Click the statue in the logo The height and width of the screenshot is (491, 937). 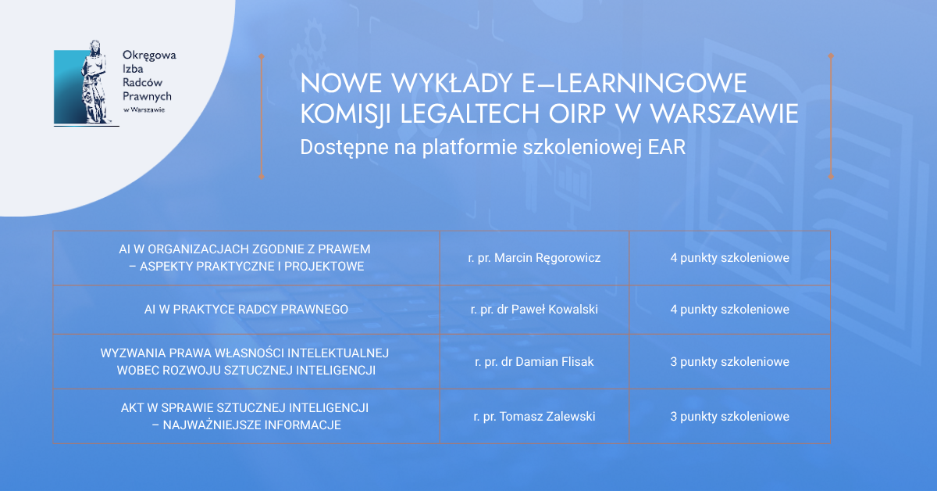(x=95, y=82)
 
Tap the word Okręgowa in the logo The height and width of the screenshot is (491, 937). (x=149, y=56)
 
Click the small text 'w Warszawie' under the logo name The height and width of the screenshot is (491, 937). (x=144, y=109)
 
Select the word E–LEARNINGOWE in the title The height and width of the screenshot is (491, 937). (x=634, y=83)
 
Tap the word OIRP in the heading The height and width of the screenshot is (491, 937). (x=577, y=113)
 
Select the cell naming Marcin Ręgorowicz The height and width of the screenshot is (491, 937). (x=534, y=258)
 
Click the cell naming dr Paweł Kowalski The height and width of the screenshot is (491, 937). (x=534, y=309)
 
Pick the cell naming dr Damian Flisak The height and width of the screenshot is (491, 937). (x=534, y=361)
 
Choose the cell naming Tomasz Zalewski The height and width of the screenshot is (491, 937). (x=534, y=417)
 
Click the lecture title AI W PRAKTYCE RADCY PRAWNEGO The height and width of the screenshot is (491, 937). (x=246, y=309)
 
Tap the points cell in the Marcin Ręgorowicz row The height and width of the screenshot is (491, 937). (x=729, y=258)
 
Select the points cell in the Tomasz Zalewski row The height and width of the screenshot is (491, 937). (x=729, y=417)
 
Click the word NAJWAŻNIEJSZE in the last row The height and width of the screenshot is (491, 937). (x=212, y=425)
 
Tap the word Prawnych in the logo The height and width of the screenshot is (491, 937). (x=147, y=97)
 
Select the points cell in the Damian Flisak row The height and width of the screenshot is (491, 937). (x=729, y=361)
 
